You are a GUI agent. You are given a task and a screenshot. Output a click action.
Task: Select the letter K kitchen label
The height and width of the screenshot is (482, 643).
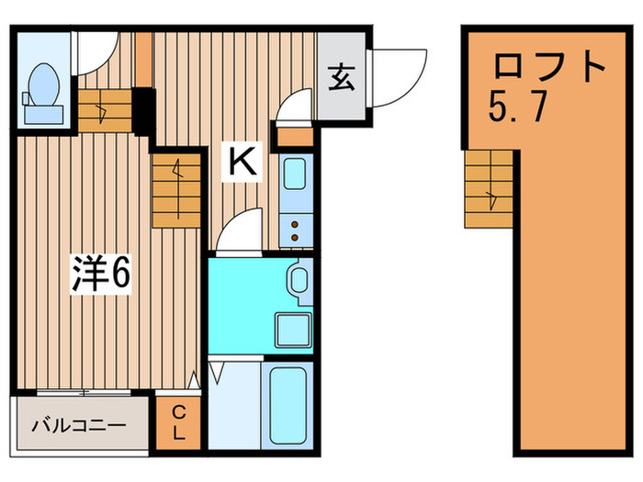[242, 163]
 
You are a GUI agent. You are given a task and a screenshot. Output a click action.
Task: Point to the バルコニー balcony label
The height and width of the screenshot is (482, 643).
[79, 426]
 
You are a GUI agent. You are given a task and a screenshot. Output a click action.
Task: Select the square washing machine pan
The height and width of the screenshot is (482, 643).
[296, 329]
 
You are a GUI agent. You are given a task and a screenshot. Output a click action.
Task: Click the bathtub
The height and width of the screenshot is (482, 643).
[289, 404]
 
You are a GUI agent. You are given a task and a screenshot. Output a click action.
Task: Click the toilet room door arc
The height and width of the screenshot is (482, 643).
[96, 53]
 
